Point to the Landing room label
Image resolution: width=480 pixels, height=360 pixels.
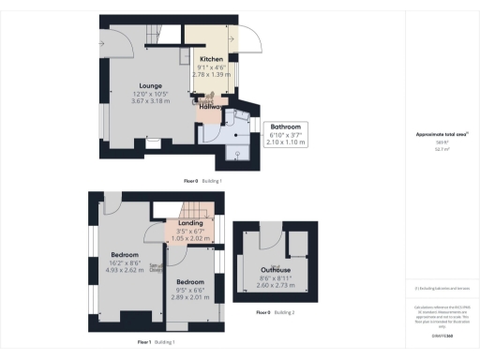[x=191, y=223]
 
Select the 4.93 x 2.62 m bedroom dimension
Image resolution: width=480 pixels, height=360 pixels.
[x=125, y=269]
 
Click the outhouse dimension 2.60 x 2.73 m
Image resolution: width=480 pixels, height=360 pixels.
[x=276, y=285]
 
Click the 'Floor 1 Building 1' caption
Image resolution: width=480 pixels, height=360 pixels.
[x=157, y=341]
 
